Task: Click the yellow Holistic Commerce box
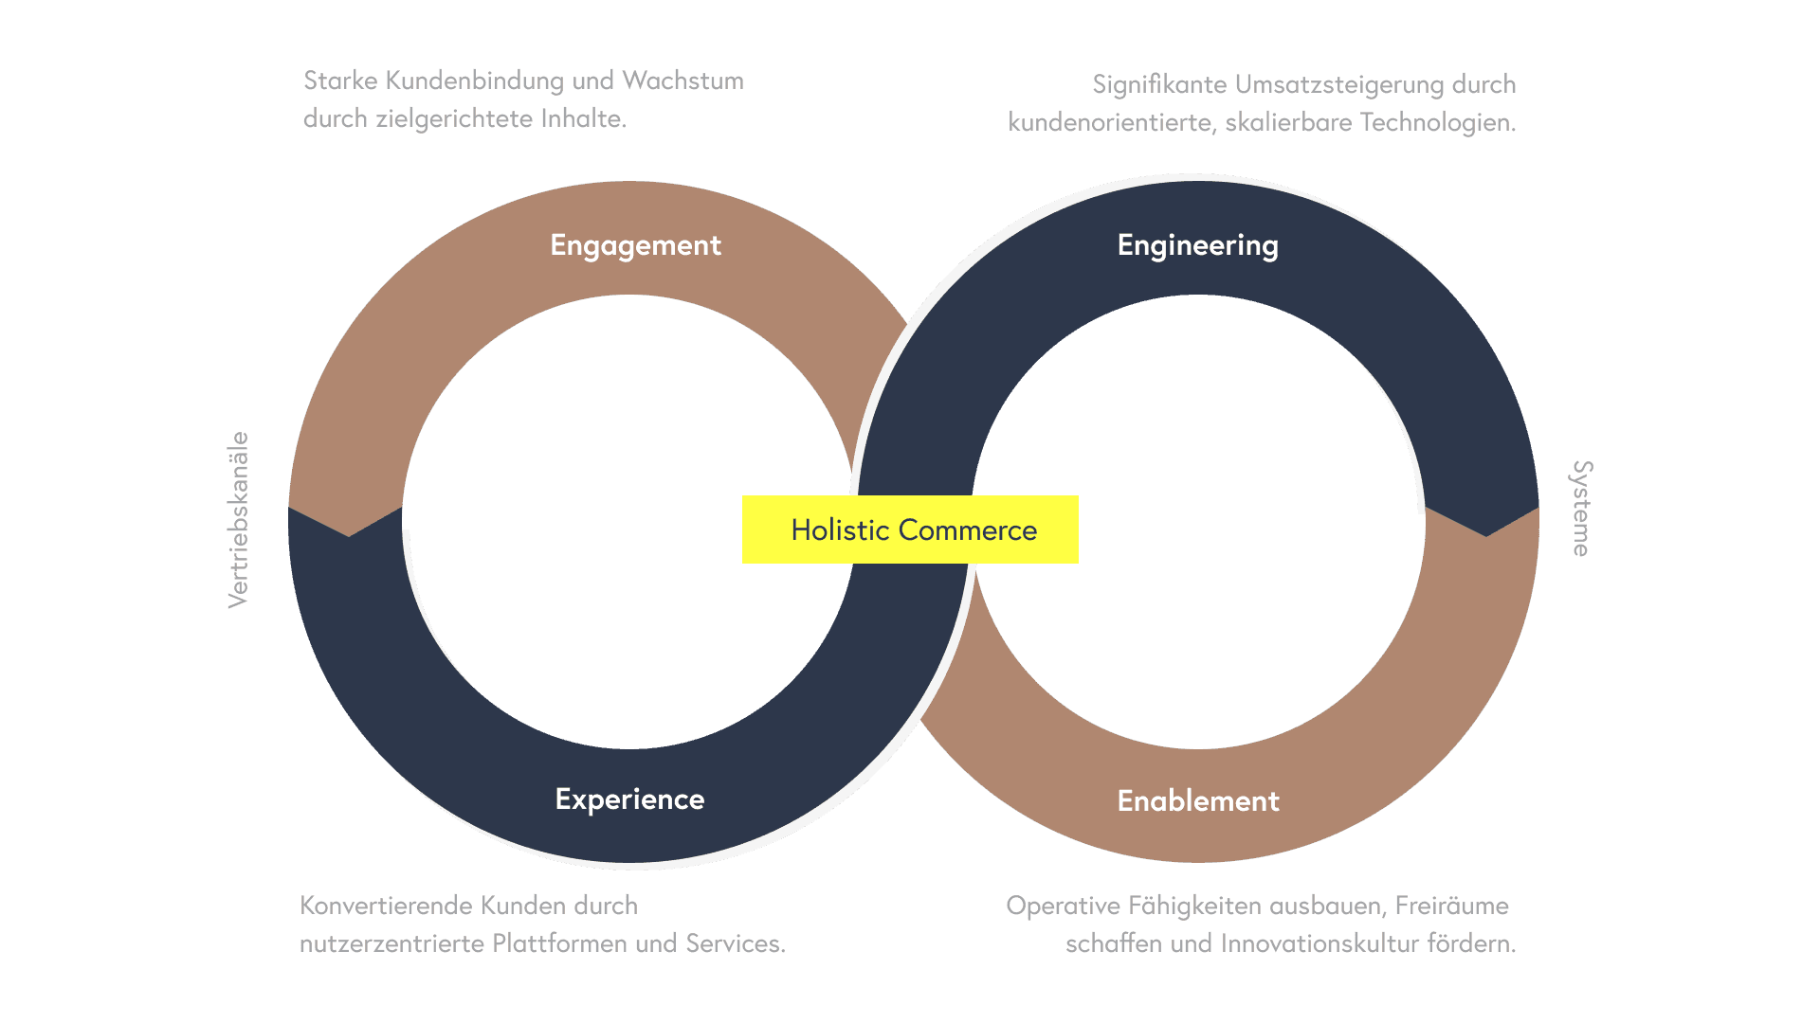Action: pyautogui.click(x=910, y=529)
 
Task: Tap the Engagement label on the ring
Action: pyautogui.click(x=635, y=245)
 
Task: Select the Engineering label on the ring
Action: pyautogui.click(x=1197, y=245)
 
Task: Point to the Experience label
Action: pyautogui.click(x=629, y=799)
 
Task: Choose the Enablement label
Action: pyautogui.click(x=1198, y=801)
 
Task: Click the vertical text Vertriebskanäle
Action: pyautogui.click(x=238, y=519)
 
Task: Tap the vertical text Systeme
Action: pyautogui.click(x=1581, y=509)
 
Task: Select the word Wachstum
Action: pyautogui.click(x=682, y=81)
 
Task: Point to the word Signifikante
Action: pyautogui.click(x=1158, y=85)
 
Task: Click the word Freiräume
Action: pyautogui.click(x=1451, y=906)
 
